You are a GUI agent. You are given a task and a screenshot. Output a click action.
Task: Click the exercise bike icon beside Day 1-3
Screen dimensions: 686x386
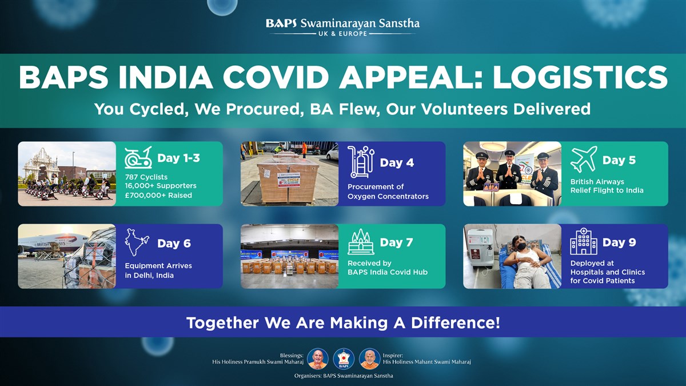(x=138, y=157)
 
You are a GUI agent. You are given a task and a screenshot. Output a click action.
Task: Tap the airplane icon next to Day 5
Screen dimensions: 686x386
(x=584, y=159)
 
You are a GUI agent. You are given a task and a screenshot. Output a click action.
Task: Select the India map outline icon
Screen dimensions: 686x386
(x=137, y=242)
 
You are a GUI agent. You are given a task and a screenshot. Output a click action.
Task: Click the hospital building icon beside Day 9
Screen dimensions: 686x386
(x=584, y=241)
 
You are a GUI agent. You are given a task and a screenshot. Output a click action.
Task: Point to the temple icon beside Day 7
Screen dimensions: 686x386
(x=361, y=242)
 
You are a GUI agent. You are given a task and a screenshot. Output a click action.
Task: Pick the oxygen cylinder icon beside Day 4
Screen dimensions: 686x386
(x=361, y=162)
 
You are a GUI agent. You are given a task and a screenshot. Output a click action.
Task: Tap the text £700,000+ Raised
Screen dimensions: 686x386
(x=158, y=195)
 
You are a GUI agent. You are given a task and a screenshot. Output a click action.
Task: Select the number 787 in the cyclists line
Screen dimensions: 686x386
(x=131, y=177)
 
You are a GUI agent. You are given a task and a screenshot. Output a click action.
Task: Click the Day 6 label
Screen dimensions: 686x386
(x=174, y=244)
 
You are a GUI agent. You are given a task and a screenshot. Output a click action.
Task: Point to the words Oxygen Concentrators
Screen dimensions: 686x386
(x=388, y=196)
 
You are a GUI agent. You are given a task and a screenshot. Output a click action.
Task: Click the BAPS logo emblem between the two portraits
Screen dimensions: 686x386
(x=344, y=359)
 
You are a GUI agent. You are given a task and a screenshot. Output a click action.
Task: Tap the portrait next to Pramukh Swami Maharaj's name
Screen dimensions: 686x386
(x=318, y=359)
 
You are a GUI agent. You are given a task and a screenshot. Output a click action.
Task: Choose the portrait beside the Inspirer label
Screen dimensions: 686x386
(x=370, y=359)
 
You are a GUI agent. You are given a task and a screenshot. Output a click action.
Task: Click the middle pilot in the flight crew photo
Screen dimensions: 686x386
(x=509, y=171)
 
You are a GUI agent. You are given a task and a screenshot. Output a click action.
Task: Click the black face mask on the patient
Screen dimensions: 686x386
(x=521, y=246)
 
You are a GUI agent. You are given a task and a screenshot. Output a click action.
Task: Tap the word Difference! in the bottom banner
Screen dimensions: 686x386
(x=456, y=323)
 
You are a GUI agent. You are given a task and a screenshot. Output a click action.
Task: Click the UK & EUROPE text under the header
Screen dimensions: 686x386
(x=342, y=34)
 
